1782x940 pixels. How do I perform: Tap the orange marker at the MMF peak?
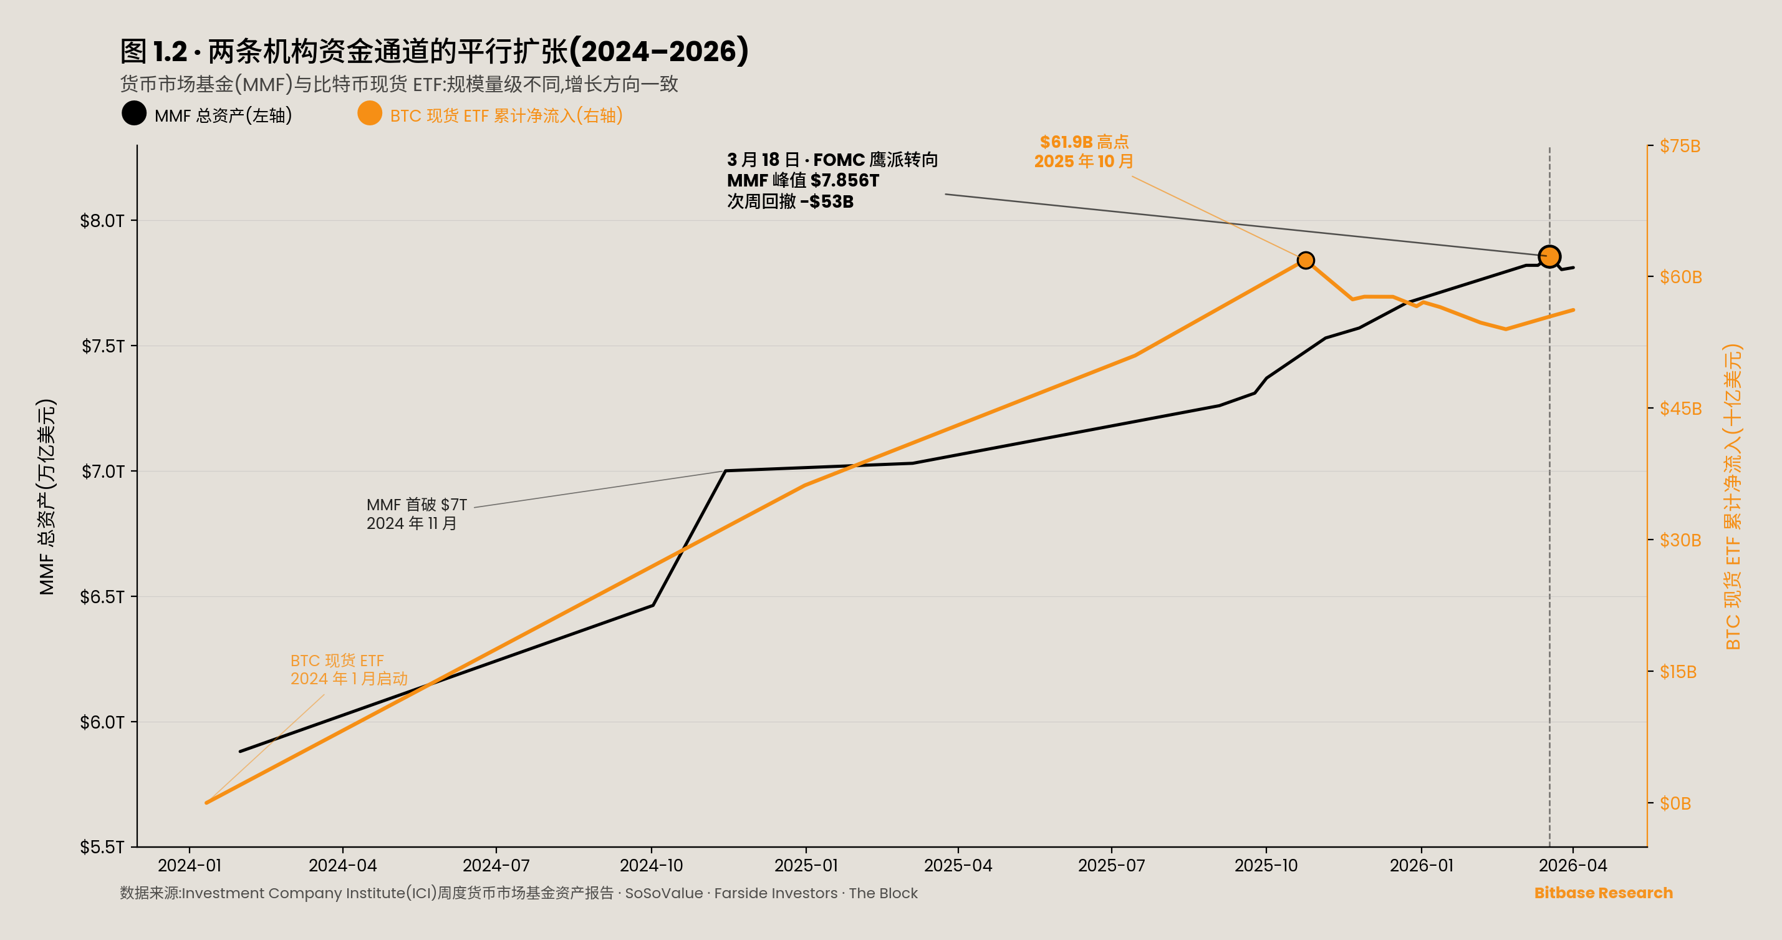coord(1549,257)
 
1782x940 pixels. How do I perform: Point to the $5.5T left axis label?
coord(102,847)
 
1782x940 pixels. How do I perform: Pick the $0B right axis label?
coord(1675,803)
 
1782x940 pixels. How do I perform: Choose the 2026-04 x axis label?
coord(1572,865)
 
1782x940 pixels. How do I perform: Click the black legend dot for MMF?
coord(134,114)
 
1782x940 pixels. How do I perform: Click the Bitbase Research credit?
coord(1603,893)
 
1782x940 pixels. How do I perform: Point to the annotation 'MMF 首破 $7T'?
coord(417,505)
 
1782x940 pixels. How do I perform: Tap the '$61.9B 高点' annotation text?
coord(1084,142)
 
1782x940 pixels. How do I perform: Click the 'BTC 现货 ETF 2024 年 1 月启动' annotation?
coord(348,669)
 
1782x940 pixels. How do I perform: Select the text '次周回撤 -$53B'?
coord(790,201)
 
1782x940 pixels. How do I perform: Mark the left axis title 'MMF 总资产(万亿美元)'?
coord(46,497)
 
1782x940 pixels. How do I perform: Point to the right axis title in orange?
coord(1732,497)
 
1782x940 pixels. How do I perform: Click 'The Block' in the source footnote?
coord(883,893)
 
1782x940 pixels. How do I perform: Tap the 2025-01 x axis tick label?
coord(806,865)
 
